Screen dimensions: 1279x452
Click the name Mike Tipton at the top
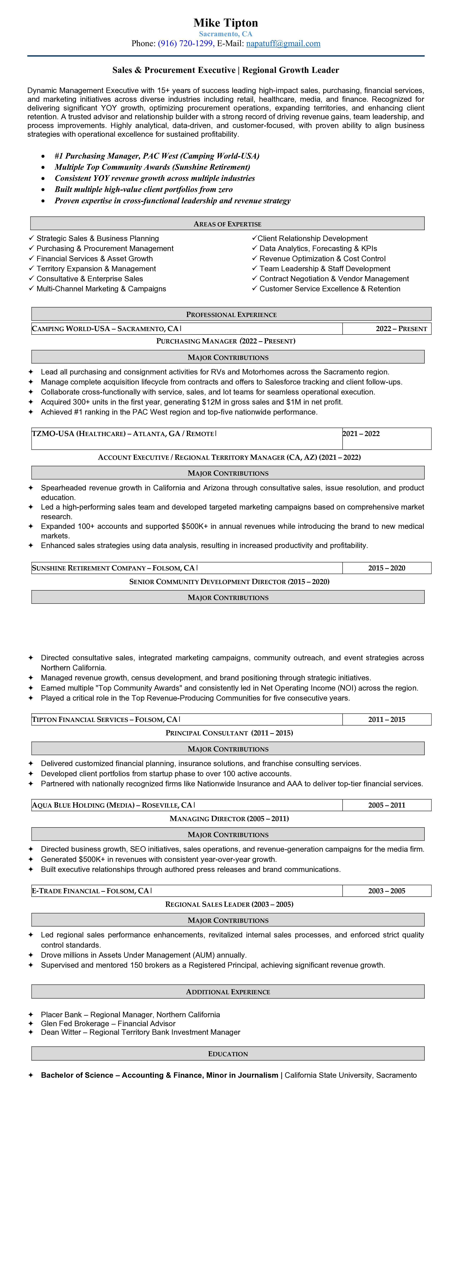[x=226, y=23]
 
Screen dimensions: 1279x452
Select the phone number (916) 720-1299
[x=186, y=44]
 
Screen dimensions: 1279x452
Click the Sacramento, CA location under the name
[x=226, y=34]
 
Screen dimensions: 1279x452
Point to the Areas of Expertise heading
[x=227, y=224]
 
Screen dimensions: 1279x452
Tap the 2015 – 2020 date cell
[x=387, y=568]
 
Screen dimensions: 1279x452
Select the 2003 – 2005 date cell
[x=387, y=891]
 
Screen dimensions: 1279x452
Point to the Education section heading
[x=228, y=1053]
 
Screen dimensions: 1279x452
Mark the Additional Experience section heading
[x=228, y=992]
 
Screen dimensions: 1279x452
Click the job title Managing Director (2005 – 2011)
[x=229, y=819]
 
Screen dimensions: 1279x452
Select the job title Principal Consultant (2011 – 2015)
[x=229, y=733]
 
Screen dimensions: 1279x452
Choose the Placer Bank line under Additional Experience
[x=130, y=1015]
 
